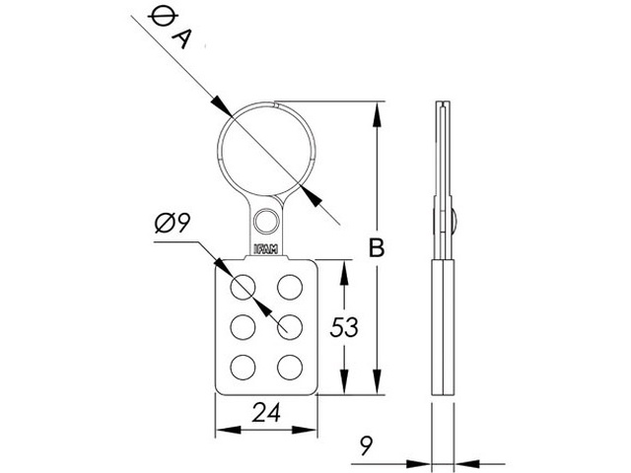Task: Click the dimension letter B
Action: pyautogui.click(x=376, y=248)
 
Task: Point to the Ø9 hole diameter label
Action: pyautogui.click(x=173, y=225)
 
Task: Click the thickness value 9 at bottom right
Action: pyautogui.click(x=366, y=448)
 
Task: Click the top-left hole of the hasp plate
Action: pyautogui.click(x=243, y=287)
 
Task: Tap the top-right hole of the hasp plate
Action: pyautogui.click(x=290, y=287)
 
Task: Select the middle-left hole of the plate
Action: pyautogui.click(x=243, y=327)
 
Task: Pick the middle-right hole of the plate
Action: pyautogui.click(x=290, y=327)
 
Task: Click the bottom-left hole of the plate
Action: pyautogui.click(x=243, y=368)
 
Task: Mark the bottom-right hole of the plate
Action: pyautogui.click(x=290, y=368)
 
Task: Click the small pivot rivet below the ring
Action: pyautogui.click(x=265, y=220)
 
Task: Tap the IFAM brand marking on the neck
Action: pyautogui.click(x=265, y=249)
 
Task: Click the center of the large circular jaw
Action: pyautogui.click(x=264, y=150)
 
